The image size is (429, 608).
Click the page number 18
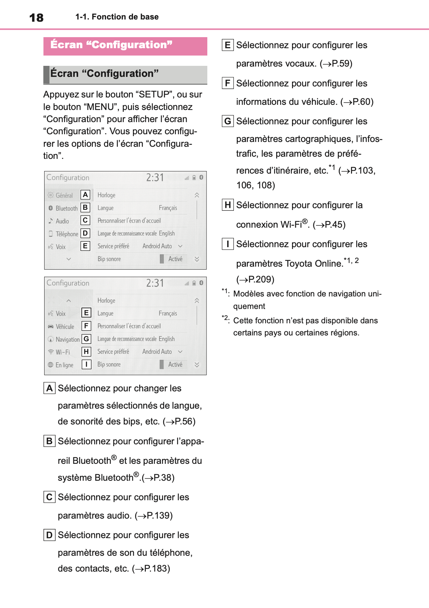(36, 18)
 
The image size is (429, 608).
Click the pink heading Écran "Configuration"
(111, 45)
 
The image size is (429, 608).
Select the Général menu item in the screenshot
(64, 195)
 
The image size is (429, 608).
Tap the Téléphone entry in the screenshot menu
(67, 234)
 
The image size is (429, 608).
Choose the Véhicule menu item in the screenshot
(65, 327)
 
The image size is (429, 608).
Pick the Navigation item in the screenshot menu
(67, 339)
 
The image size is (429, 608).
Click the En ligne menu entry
(64, 365)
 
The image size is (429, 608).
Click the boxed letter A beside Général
(85, 195)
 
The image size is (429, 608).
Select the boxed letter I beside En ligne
(86, 364)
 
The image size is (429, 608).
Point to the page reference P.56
(184, 422)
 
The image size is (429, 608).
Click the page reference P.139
(159, 516)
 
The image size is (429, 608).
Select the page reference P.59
(341, 64)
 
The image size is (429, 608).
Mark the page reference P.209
(261, 280)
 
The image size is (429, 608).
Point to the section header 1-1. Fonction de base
(117, 17)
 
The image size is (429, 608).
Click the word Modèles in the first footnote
(248, 294)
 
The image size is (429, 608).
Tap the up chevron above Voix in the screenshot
(68, 301)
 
